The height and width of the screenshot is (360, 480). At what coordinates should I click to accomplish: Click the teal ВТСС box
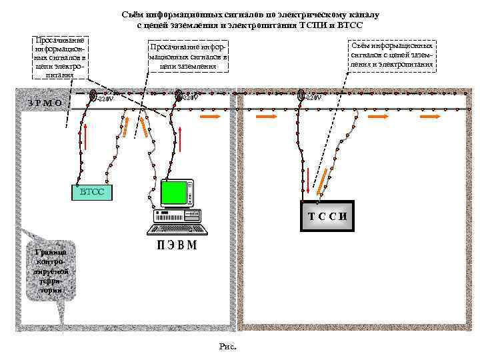pyautogui.click(x=91, y=192)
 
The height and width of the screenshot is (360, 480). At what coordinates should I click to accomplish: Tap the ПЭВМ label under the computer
pyautogui.click(x=177, y=245)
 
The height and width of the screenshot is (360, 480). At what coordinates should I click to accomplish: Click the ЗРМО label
pyautogui.click(x=45, y=103)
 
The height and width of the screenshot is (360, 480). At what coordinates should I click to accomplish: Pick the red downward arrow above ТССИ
pyautogui.click(x=307, y=175)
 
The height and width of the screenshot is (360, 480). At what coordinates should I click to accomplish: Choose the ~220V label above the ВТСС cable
pyautogui.click(x=105, y=99)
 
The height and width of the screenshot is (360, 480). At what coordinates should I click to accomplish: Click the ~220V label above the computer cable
pyautogui.click(x=190, y=99)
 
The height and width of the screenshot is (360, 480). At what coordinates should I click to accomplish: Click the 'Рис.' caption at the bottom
pyautogui.click(x=227, y=346)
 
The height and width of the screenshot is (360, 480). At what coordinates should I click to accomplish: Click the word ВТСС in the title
pyautogui.click(x=349, y=25)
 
